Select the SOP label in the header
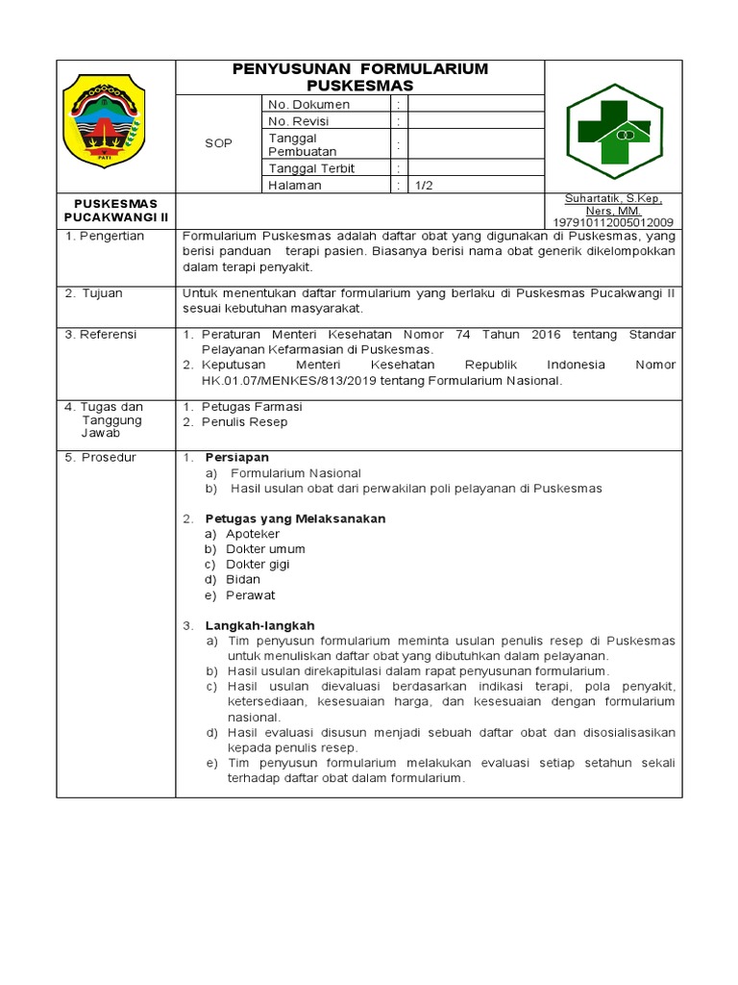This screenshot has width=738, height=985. click(x=218, y=143)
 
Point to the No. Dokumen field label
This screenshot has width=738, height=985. click(x=308, y=104)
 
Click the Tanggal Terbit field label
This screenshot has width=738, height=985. click(x=311, y=168)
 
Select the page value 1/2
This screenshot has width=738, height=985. click(x=424, y=186)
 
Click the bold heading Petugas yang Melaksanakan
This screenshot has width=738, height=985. click(x=295, y=518)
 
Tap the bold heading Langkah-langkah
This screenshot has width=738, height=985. click(x=259, y=625)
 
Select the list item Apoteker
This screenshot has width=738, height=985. click(x=253, y=534)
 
